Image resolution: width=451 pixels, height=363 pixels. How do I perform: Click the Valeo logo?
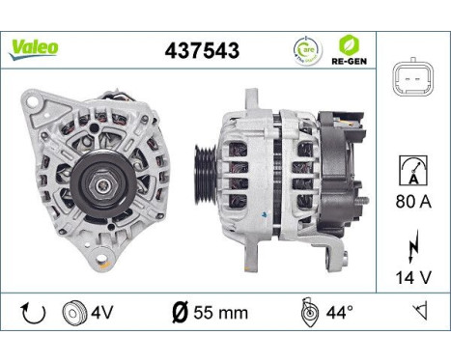pos(34,47)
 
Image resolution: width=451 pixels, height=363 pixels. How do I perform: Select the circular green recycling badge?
pos(307,49)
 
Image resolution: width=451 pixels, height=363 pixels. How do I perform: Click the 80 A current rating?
pos(413,204)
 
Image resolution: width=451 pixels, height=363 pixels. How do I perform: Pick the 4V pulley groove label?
pos(101,313)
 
